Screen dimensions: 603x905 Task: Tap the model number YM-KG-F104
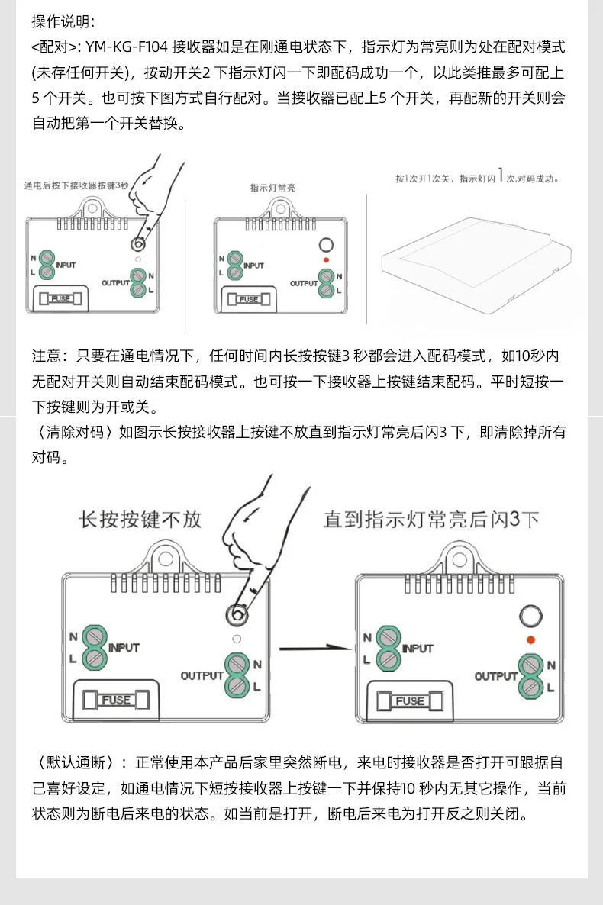[127, 47]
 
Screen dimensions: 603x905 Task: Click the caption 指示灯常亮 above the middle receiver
[272, 188]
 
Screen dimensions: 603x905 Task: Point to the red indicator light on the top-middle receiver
[327, 260]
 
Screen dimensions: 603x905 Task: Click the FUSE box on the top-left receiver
[60, 298]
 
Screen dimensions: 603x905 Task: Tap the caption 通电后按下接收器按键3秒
[76, 185]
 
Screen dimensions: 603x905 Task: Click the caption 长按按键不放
[140, 519]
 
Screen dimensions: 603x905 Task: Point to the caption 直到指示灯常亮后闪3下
[431, 519]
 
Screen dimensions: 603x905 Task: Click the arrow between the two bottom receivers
[315, 648]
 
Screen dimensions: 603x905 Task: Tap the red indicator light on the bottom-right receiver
[530, 639]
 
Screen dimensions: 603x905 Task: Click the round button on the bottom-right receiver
[530, 615]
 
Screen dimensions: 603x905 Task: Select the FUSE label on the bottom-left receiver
[116, 700]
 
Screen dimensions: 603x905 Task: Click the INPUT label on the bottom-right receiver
[418, 649]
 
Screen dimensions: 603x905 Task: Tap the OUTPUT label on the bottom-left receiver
[202, 675]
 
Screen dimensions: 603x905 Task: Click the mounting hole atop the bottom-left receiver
[166, 559]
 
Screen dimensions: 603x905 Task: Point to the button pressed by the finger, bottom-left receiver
[237, 615]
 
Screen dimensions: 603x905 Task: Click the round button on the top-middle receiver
[327, 245]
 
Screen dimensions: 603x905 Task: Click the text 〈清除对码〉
[76, 433]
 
